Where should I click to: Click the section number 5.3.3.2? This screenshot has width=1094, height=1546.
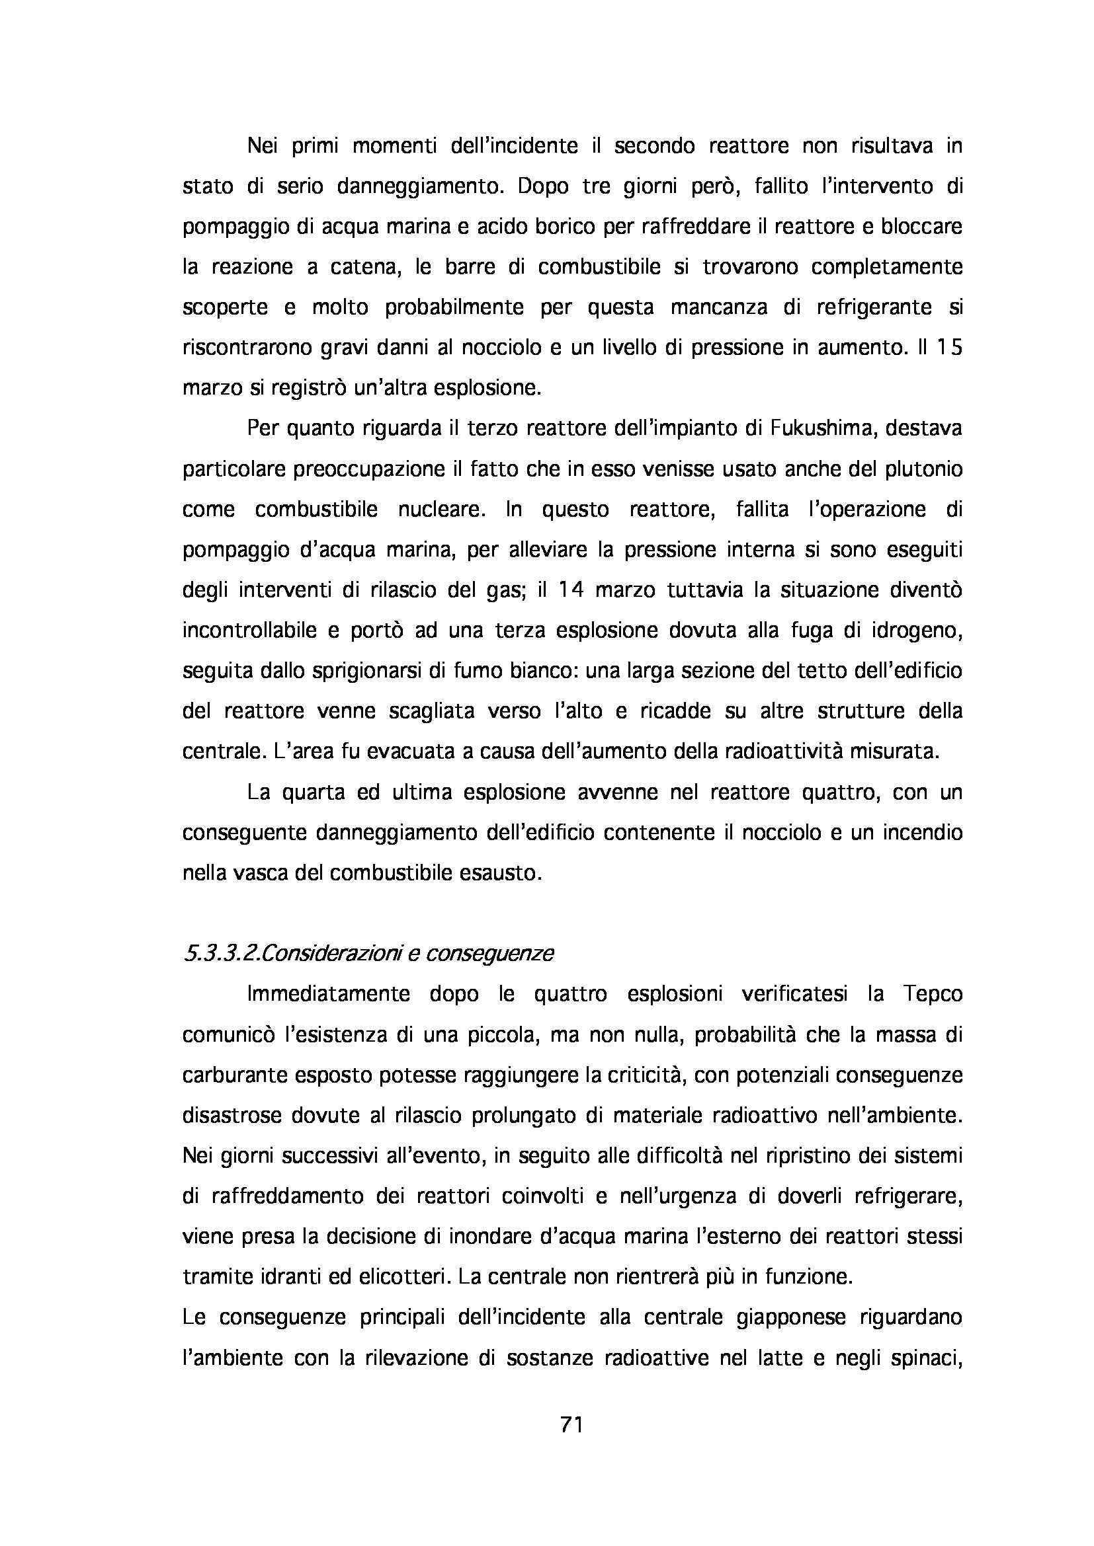(x=218, y=954)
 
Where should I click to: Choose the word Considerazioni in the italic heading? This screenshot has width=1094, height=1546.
(x=327, y=954)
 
